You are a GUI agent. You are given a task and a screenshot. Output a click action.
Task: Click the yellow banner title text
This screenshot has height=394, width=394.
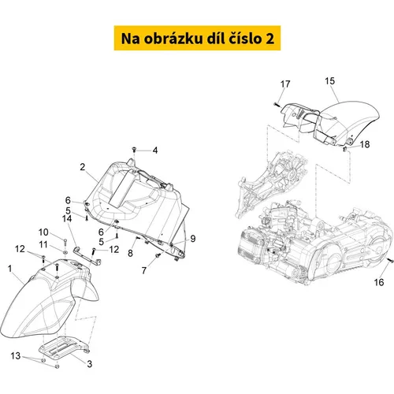pos(198,39)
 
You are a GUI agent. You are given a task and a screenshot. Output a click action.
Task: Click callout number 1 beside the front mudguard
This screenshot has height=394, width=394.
pos(9,269)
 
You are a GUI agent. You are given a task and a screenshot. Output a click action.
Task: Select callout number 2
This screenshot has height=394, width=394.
pos(83,167)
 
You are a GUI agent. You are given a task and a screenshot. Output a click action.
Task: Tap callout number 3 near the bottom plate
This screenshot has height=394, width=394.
pos(90,364)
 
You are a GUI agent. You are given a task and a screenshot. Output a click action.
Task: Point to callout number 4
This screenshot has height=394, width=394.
pos(155,151)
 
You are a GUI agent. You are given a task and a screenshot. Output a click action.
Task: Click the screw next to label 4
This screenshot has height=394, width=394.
pos(134,150)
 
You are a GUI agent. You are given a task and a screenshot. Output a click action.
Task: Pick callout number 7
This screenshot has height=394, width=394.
pos(144,270)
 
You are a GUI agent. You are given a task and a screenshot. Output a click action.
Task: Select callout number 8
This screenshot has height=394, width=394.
pos(130,253)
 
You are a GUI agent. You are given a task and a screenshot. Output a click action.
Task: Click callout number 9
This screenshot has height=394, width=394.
pos(193,239)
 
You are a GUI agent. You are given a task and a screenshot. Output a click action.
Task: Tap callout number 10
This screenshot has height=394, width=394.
pos(43,232)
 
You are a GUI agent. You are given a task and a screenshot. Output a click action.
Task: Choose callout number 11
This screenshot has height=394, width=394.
pos(43,244)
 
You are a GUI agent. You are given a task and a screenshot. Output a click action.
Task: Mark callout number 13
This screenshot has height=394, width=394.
pos(16,356)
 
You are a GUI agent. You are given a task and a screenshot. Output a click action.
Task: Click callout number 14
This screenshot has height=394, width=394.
pos(67,218)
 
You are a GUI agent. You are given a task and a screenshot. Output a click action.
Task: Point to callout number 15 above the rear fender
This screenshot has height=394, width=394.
pos(330,81)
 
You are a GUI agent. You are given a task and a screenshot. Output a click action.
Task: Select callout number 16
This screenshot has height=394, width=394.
pos(379,282)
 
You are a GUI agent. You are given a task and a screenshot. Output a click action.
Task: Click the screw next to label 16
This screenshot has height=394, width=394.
pos(391,261)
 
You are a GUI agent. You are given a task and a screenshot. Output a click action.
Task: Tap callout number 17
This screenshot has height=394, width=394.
pos(285,84)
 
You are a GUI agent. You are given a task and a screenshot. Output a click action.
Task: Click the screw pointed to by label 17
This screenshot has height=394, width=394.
pos(277,105)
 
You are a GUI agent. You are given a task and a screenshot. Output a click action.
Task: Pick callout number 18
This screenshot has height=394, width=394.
pos(365,144)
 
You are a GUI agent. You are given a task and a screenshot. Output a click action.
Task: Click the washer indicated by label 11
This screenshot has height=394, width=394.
pos(65,252)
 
